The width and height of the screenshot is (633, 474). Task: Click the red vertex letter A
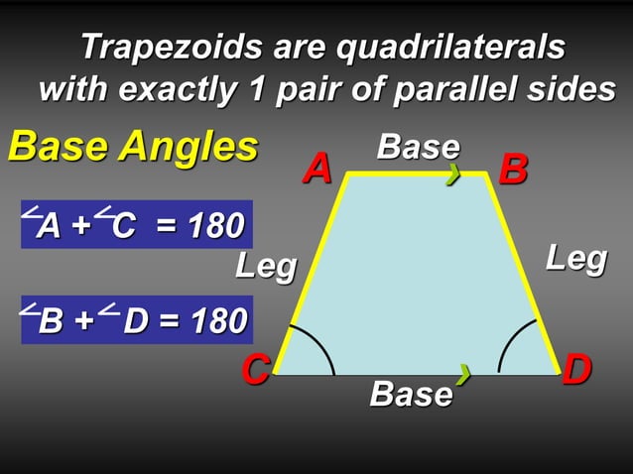point(317,169)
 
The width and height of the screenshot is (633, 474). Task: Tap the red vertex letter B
point(513,170)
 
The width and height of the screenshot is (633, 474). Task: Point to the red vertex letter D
point(576,370)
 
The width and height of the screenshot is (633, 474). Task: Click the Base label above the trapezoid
point(418,147)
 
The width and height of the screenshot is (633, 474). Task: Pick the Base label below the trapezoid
point(411,394)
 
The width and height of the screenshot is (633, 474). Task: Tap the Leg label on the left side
point(265,266)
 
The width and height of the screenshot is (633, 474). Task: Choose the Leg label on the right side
point(576,259)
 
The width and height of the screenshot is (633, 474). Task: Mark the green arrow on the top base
point(453,176)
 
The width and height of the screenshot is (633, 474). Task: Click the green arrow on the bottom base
point(462,374)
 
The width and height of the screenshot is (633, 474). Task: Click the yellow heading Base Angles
point(132,147)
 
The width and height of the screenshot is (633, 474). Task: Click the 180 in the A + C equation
point(213,226)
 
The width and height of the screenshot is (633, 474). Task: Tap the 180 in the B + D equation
point(214,320)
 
